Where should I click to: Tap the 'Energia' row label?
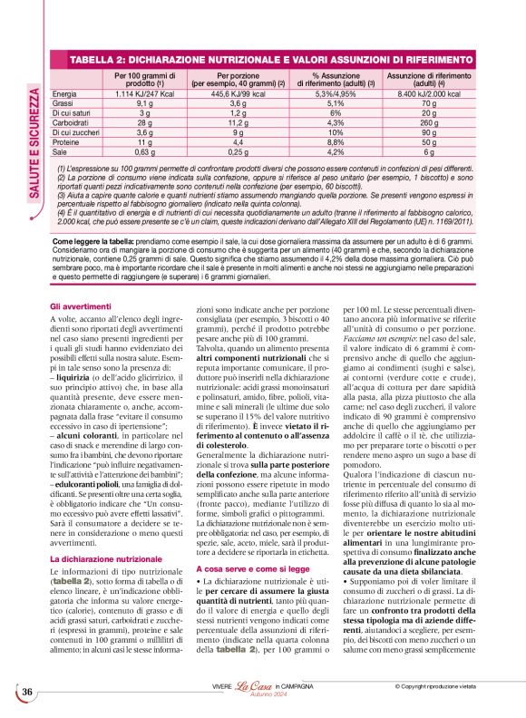(64, 93)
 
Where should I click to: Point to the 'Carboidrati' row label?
(72, 121)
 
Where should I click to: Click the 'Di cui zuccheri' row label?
(77, 131)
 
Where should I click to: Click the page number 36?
(29, 692)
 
